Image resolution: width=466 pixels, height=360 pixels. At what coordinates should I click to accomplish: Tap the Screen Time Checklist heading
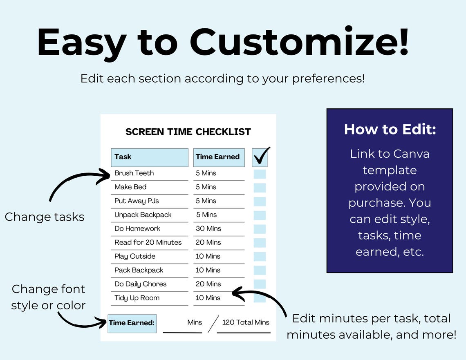pyautogui.click(x=188, y=132)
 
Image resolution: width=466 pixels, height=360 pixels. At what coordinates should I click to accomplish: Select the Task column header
pyautogui.click(x=149, y=157)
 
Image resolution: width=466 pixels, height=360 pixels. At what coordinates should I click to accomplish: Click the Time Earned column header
pyautogui.click(x=218, y=157)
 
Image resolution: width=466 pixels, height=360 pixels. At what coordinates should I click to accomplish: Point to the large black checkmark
pyautogui.click(x=260, y=156)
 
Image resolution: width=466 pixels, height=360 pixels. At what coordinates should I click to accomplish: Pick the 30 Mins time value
pyautogui.click(x=208, y=229)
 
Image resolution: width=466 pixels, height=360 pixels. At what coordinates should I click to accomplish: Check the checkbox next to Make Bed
pyautogui.click(x=260, y=188)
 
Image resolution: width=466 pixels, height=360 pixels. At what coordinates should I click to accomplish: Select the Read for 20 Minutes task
pyautogui.click(x=148, y=243)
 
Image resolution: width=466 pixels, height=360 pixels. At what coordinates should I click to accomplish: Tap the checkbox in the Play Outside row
pyautogui.click(x=260, y=257)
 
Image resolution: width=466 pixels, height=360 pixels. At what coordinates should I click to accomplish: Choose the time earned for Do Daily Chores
pyautogui.click(x=208, y=284)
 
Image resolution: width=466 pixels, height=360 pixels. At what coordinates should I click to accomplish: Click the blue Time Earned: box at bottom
pyautogui.click(x=132, y=323)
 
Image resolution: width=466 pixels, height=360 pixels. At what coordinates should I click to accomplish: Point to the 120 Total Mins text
pyautogui.click(x=245, y=323)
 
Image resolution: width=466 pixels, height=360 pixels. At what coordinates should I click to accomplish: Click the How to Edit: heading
pyautogui.click(x=390, y=130)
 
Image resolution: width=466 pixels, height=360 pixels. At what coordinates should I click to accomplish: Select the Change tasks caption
pyautogui.click(x=45, y=217)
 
